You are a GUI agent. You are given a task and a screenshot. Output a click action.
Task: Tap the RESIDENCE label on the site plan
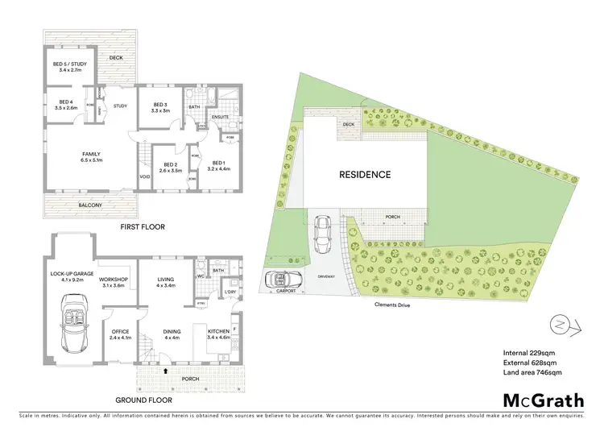click(364, 174)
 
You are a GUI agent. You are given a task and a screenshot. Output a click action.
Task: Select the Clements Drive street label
click(395, 305)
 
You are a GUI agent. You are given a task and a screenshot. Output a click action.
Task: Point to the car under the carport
click(283, 281)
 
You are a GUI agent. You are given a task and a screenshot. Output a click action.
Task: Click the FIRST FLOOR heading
click(142, 227)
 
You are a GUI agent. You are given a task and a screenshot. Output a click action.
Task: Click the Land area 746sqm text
click(532, 373)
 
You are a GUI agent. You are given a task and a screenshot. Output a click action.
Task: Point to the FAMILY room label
click(91, 155)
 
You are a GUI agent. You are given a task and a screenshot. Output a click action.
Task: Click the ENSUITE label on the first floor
click(220, 118)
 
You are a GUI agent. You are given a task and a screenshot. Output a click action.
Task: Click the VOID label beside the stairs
click(144, 177)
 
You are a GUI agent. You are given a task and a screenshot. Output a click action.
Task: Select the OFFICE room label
click(119, 331)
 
